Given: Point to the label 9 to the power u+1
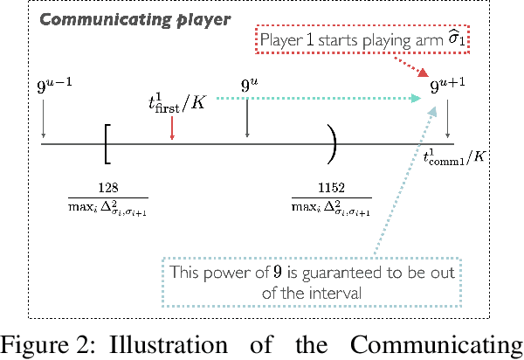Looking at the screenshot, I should [x=448, y=87].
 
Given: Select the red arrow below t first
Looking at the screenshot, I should [x=172, y=128].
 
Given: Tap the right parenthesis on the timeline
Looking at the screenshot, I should [x=332, y=142].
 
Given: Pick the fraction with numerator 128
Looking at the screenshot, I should [x=108, y=197].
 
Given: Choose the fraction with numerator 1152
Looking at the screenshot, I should [x=331, y=197].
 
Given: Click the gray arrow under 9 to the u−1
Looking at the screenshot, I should [x=44, y=118].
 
